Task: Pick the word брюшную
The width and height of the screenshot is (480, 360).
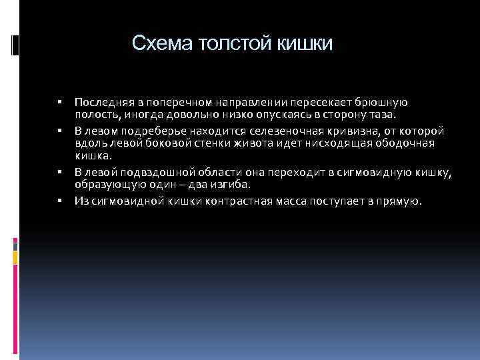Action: coord(383,103)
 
